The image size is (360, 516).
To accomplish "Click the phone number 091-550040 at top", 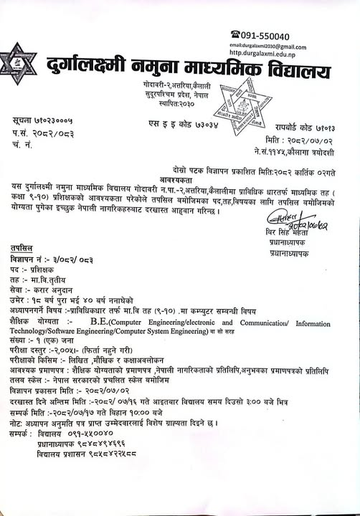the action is (x=265, y=36).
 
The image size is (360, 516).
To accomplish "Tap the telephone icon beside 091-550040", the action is (x=234, y=34).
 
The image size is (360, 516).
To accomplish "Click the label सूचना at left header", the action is (x=24, y=123).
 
